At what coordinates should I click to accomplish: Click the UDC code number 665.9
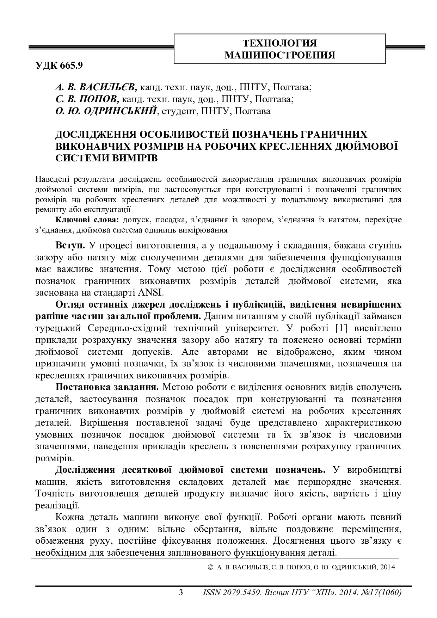click(72, 66)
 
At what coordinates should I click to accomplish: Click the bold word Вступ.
click(70, 245)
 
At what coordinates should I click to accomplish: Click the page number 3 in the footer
click(181, 592)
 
